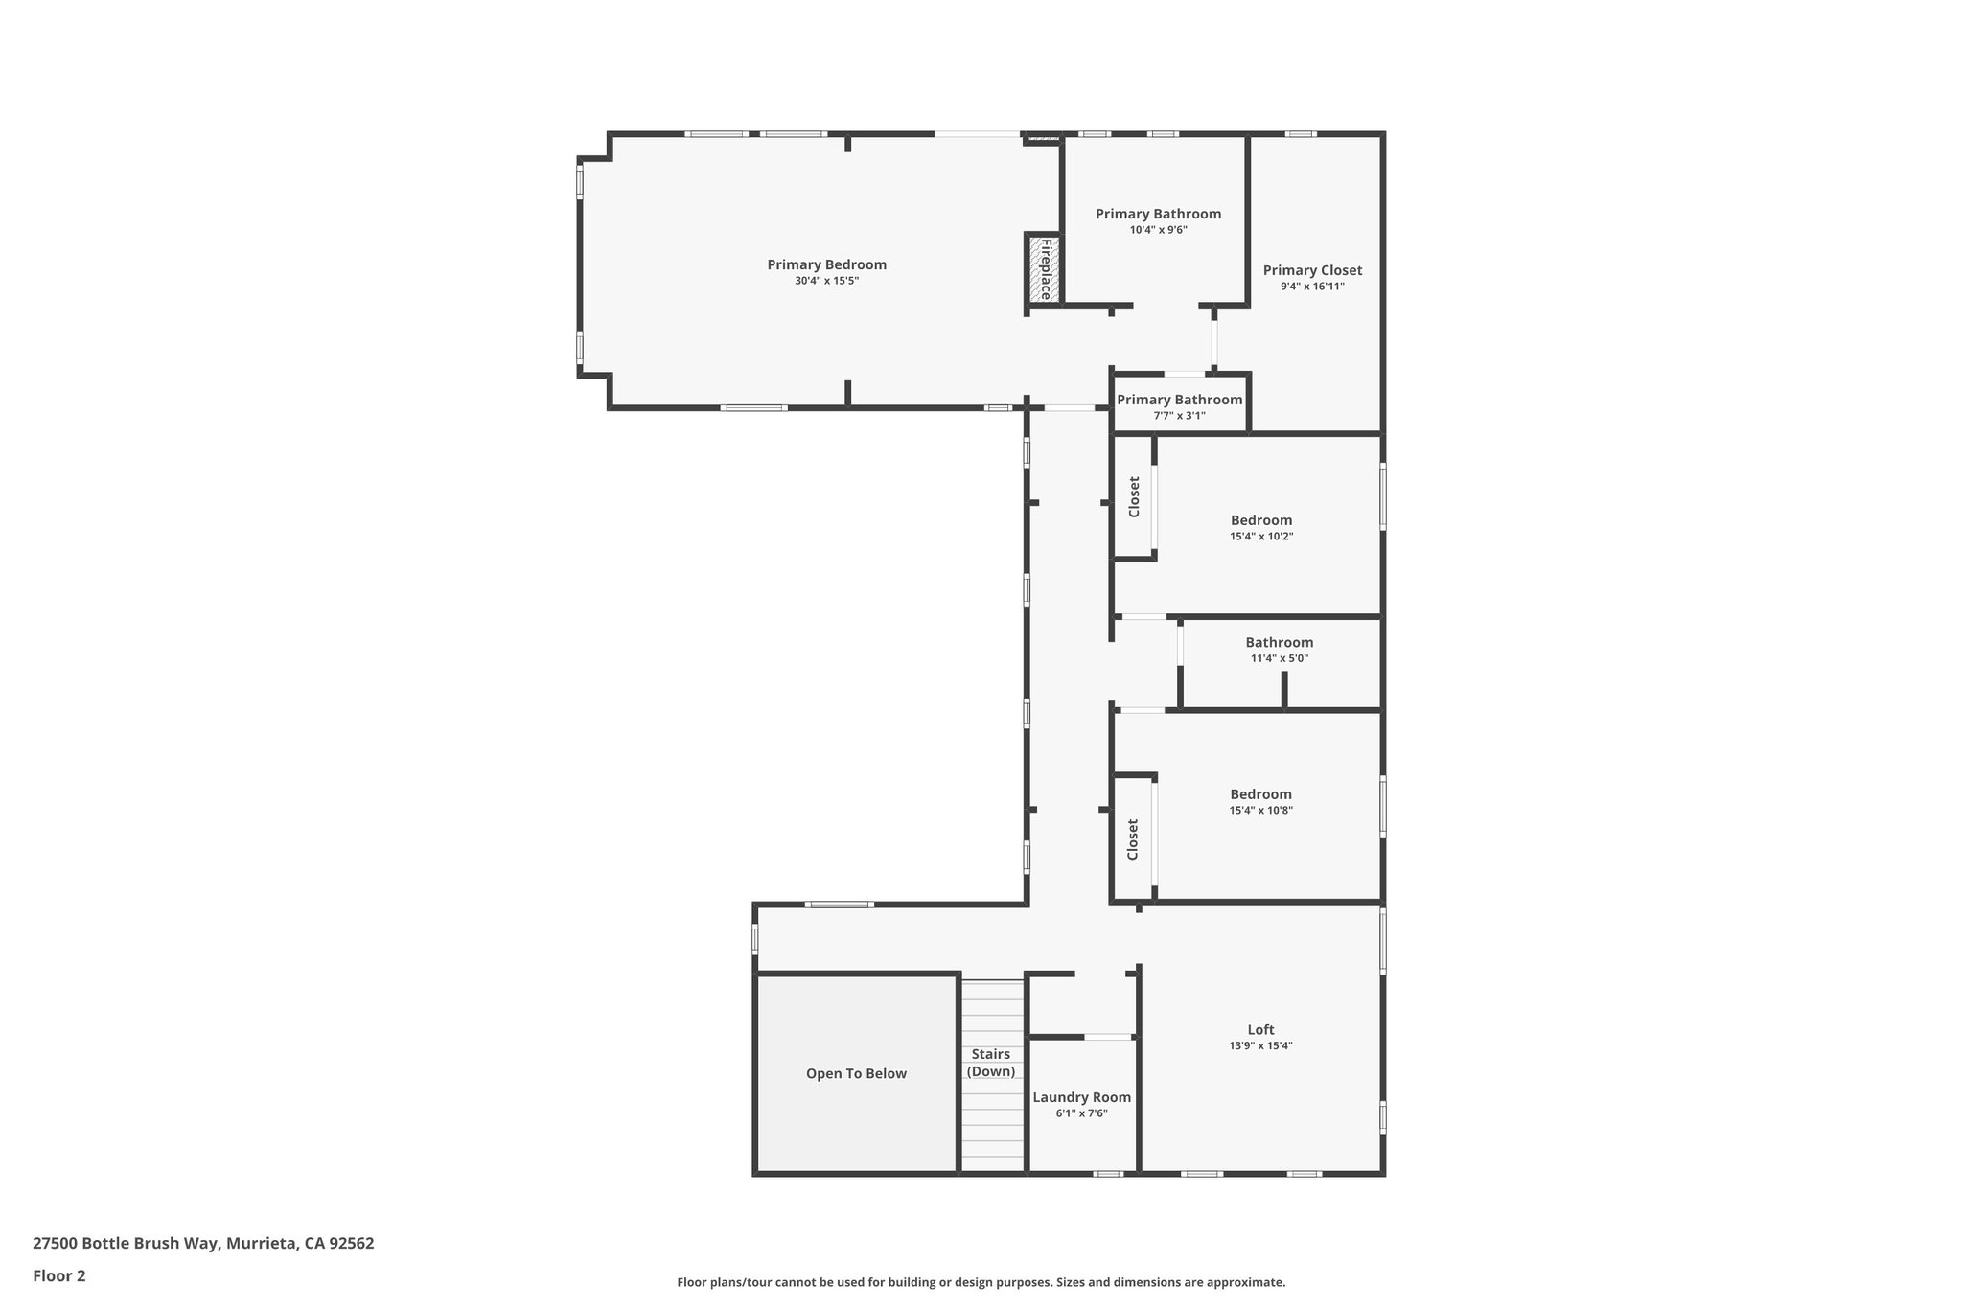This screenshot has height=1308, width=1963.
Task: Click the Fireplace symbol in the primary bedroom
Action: click(1043, 269)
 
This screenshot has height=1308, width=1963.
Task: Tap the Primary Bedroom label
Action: click(826, 264)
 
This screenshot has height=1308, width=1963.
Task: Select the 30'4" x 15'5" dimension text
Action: click(826, 281)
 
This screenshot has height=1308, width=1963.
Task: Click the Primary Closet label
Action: click(1312, 270)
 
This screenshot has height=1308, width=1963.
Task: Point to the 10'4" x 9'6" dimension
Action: click(1158, 230)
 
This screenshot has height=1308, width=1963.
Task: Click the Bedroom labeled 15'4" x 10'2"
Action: click(1261, 520)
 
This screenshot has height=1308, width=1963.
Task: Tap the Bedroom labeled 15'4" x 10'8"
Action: click(1260, 794)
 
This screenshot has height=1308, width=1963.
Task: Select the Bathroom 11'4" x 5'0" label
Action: click(1279, 643)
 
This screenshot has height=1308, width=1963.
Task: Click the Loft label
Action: click(1260, 1030)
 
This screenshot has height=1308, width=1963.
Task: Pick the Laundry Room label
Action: click(1081, 1097)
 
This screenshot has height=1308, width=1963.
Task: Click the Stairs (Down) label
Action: click(990, 1063)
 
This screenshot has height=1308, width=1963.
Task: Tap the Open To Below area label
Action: click(856, 1073)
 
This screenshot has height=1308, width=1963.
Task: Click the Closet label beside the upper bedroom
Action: click(1134, 497)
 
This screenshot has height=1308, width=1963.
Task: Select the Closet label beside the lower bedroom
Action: click(1132, 838)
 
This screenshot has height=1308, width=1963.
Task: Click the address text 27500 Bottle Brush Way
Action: click(203, 1244)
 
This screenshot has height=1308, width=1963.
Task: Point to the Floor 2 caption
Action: click(59, 1275)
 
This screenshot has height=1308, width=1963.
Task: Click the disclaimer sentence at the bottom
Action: click(981, 1282)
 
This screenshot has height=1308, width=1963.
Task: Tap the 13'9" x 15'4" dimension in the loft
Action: click(1260, 1046)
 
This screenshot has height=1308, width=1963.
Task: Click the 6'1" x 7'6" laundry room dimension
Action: click(1081, 1113)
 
